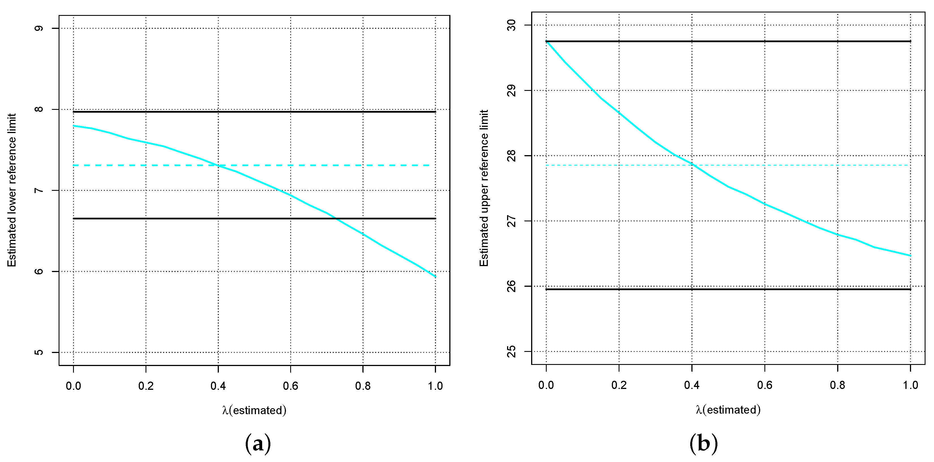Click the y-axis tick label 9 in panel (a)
point(39,28)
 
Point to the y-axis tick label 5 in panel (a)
point(39,352)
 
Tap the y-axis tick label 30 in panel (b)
point(511,25)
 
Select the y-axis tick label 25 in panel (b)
point(511,351)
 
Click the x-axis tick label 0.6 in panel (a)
point(290,386)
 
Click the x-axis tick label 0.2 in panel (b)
point(619,385)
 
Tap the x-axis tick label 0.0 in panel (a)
point(73,386)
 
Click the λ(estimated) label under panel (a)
point(254,410)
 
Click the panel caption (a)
point(258,443)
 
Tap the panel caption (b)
point(703,443)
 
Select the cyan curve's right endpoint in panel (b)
point(911,256)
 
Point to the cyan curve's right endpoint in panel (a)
point(435,277)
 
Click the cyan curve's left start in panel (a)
point(74,126)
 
